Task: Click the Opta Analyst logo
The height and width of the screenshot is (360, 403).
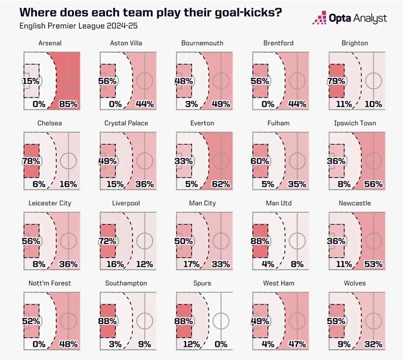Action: (x=350, y=18)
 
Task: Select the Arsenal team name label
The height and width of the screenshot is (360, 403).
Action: (x=50, y=43)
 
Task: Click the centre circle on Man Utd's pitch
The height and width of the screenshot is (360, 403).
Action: (x=297, y=241)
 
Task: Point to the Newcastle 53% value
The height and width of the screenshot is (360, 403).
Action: (x=374, y=264)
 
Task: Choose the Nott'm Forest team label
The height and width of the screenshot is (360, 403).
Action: (x=50, y=283)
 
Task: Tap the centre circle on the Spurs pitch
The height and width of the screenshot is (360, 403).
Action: (x=221, y=321)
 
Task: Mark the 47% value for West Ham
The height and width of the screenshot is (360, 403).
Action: (x=297, y=345)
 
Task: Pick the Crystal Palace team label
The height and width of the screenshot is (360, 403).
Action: (x=126, y=123)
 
